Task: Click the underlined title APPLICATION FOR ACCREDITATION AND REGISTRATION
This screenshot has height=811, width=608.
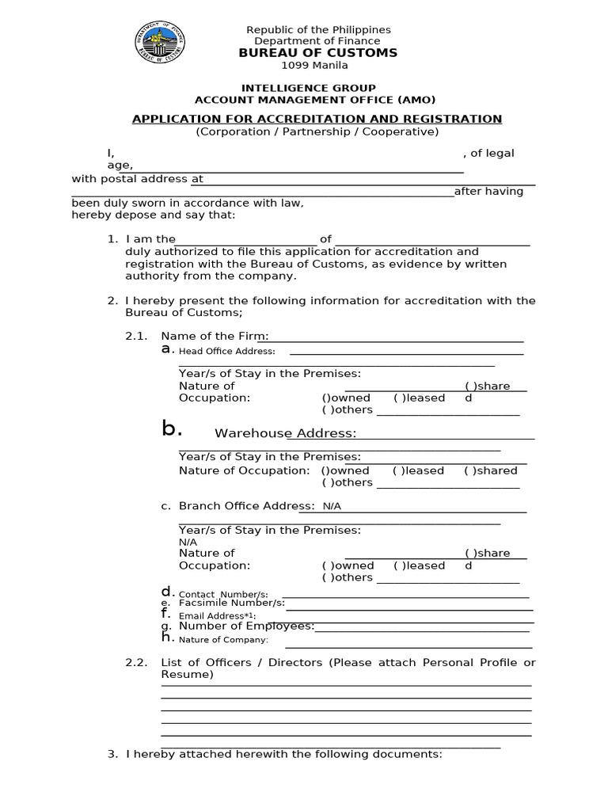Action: pyautogui.click(x=317, y=119)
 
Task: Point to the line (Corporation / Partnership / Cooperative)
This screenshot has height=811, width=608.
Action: pyautogui.click(x=317, y=131)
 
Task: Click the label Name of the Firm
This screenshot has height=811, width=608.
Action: pyautogui.click(x=214, y=336)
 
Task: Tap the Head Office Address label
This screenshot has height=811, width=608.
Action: pyautogui.click(x=226, y=351)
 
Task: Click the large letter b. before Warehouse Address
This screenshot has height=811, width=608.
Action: pyautogui.click(x=172, y=429)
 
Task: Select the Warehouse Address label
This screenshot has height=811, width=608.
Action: pyautogui.click(x=285, y=433)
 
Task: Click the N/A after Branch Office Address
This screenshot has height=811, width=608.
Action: pyautogui.click(x=332, y=506)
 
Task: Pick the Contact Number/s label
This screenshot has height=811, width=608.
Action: pyautogui.click(x=223, y=595)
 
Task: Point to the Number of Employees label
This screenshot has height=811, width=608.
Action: pyautogui.click(x=246, y=626)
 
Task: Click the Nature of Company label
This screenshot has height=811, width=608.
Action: pyautogui.click(x=223, y=640)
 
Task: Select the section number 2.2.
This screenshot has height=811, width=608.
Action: pyautogui.click(x=136, y=662)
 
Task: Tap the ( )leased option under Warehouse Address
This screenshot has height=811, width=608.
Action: pyautogui.click(x=418, y=470)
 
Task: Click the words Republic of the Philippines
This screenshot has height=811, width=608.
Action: pyautogui.click(x=318, y=30)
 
